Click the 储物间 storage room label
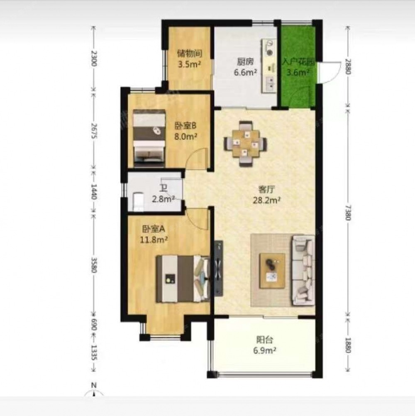pos(189,54)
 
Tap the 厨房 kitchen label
pos(245,62)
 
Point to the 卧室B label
pos(186,125)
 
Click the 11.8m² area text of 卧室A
pos(154,240)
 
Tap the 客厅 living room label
pos(266,189)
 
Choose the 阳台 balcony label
pos(265,340)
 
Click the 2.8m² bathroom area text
pos(163,199)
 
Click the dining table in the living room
pos(246,144)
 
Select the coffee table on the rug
pos(272,271)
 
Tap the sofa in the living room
pos(303,270)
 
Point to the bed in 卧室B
pos(149,138)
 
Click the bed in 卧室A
pos(183,279)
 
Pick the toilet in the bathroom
pos(138,201)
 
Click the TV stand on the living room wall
pos(219,268)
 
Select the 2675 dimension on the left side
pos(94,130)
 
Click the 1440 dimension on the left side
pos(94,191)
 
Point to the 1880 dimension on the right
pos(348,345)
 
